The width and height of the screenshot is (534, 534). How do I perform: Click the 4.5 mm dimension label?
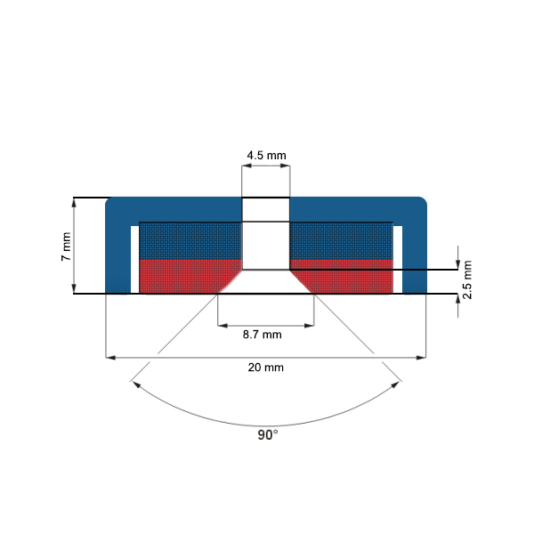[266, 155]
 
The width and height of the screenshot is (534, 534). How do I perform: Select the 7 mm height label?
[65, 245]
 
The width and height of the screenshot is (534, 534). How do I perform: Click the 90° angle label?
[267, 435]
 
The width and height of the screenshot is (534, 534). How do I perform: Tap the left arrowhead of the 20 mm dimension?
[109, 358]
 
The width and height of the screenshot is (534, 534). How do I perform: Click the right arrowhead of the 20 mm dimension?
[422, 358]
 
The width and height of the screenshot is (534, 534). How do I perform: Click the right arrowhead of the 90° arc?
[398, 385]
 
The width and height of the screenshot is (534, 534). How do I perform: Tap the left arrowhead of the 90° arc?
[135, 385]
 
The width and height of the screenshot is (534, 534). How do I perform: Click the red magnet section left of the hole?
[182, 276]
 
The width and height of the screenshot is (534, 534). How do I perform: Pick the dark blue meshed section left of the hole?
[189, 240]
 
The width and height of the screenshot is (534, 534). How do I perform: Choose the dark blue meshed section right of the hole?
[343, 240]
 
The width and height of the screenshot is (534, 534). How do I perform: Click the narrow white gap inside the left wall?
[134, 259]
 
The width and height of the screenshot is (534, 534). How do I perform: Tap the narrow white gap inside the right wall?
[398, 259]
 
